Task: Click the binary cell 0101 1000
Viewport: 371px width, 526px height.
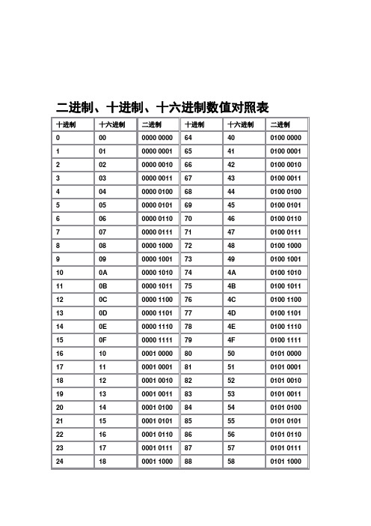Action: pyautogui.click(x=286, y=462)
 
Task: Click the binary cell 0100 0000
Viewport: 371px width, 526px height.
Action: pyautogui.click(x=286, y=138)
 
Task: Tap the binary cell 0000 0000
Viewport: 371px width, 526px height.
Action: pyautogui.click(x=158, y=138)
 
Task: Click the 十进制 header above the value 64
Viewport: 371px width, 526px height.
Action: pyautogui.click(x=194, y=124)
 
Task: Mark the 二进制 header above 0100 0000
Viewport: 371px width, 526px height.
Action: pyautogui.click(x=280, y=124)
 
